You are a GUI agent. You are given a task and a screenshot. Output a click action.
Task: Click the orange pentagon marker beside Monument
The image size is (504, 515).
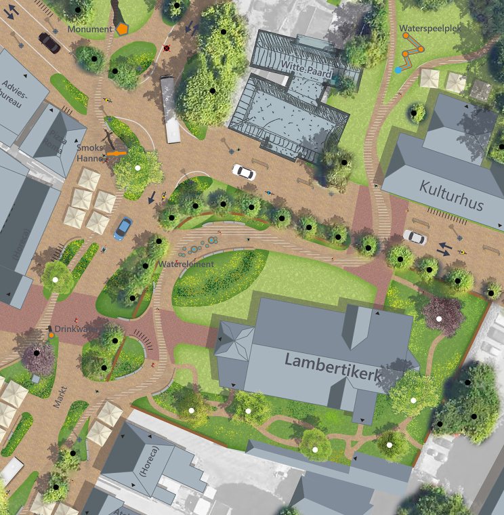point(122,29)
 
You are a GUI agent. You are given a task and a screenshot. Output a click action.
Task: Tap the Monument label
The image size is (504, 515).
point(90,30)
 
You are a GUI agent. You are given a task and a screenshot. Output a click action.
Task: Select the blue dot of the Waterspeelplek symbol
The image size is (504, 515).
point(398,70)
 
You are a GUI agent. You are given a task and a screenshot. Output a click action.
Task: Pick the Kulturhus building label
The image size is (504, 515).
point(451,195)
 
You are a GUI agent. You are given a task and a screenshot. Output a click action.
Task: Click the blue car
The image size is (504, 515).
point(123,228)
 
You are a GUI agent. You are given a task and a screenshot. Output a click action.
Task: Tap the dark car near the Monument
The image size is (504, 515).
point(49,42)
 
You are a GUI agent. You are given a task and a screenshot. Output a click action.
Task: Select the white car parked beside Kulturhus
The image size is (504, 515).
point(415,237)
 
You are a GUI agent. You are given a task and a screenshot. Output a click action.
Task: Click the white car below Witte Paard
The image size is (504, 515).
point(244,172)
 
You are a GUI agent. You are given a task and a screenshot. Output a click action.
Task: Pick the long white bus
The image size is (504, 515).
point(171,109)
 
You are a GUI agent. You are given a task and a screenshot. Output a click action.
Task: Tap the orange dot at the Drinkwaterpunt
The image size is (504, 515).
point(51,335)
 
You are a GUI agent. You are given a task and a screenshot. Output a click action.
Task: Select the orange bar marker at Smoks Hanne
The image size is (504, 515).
point(117,154)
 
